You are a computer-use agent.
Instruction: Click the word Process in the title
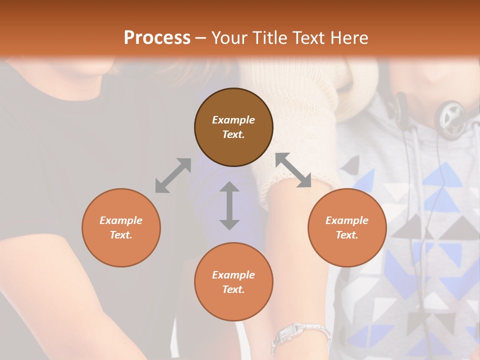point(157,38)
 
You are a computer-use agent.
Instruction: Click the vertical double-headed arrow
point(229,205)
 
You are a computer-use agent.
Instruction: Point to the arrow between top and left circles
point(173,175)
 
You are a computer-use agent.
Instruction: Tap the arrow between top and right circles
point(293,170)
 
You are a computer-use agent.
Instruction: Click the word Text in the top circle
point(233,134)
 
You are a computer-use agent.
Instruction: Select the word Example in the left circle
point(121,220)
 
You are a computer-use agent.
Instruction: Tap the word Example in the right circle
point(347,220)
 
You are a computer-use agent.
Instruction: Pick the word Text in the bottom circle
point(233,289)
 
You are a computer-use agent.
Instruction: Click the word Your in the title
point(228,38)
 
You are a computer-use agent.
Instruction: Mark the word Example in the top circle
point(233,120)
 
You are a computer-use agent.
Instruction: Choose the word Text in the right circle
point(347,235)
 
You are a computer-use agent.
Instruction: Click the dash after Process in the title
point(201,38)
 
